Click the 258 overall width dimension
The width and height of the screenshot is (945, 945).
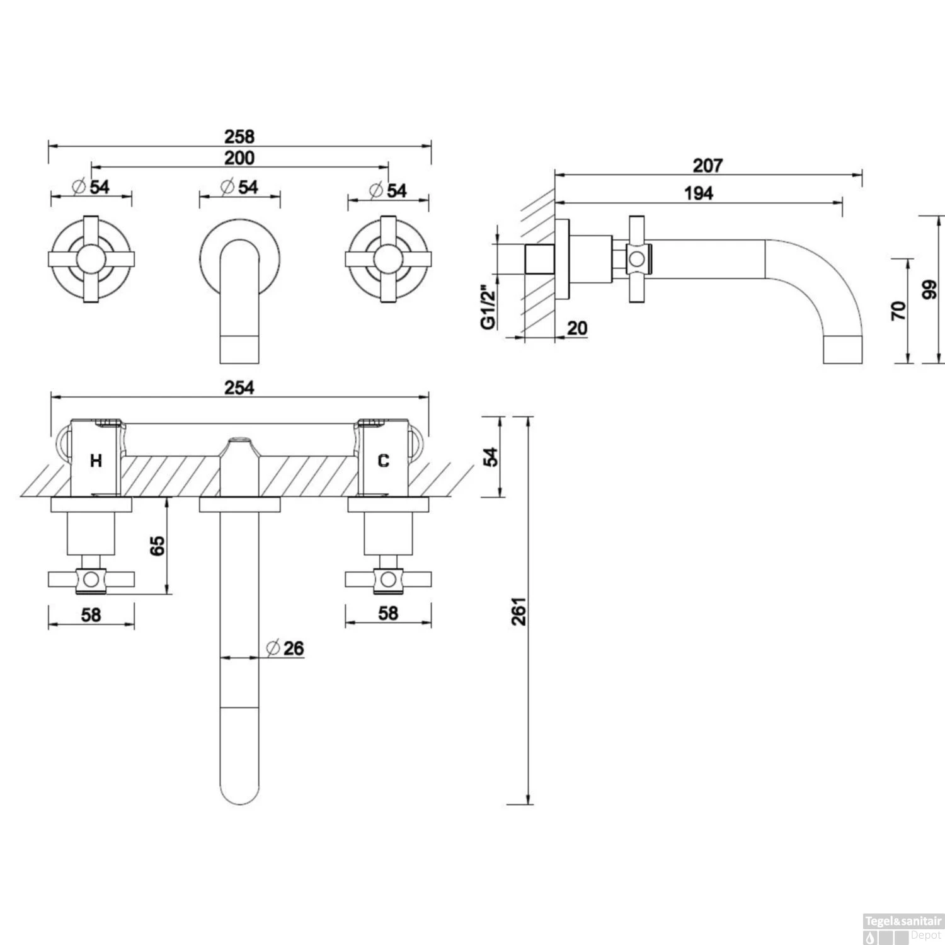pos(239,136)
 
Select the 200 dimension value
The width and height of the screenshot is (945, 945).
pos(239,157)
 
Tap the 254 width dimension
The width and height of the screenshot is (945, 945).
pos(239,387)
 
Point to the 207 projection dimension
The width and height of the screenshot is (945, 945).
pos(707,166)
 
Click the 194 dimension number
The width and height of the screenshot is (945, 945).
pos(699,193)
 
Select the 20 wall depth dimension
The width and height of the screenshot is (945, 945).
pos(576,328)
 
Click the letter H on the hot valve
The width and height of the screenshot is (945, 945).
pos(96,461)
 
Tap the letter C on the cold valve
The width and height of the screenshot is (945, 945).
pos(383,461)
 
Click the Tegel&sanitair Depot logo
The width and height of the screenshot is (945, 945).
pos(902,929)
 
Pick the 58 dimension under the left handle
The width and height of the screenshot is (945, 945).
pos(91,614)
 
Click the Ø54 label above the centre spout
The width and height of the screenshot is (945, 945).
pos(239,187)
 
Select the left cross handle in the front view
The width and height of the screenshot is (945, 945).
pos(91,259)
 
